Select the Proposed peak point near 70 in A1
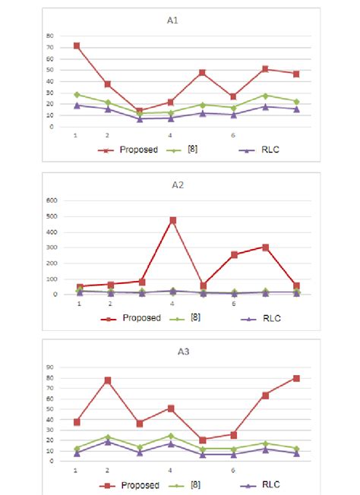click(x=76, y=46)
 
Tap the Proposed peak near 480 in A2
click(x=172, y=220)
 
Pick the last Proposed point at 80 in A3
click(x=296, y=378)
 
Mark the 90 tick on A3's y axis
click(x=52, y=367)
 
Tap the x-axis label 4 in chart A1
click(x=169, y=135)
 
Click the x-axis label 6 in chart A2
click(x=232, y=304)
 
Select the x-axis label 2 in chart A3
click(x=107, y=471)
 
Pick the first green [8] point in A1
click(x=76, y=94)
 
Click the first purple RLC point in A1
click(x=76, y=106)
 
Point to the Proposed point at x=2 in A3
click(x=108, y=380)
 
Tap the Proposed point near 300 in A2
click(x=265, y=247)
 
